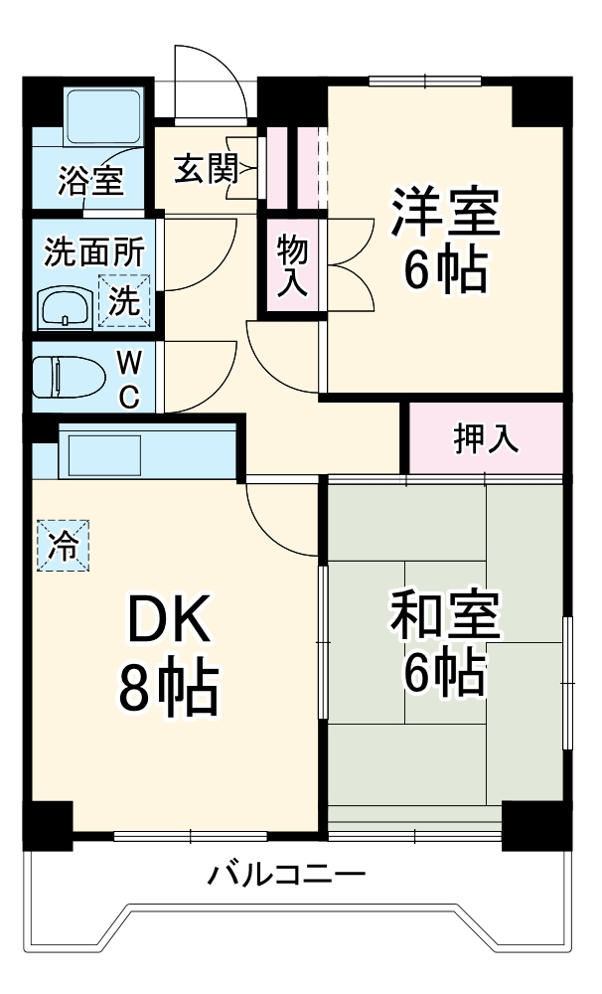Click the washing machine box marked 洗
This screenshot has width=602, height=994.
click(125, 299)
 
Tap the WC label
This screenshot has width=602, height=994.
click(129, 378)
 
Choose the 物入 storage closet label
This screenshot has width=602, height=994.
click(291, 264)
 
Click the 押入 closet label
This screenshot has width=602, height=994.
click(486, 439)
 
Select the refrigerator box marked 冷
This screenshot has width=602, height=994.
click(62, 546)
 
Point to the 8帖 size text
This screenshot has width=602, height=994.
click(169, 690)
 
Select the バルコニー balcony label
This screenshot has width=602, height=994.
click(287, 876)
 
